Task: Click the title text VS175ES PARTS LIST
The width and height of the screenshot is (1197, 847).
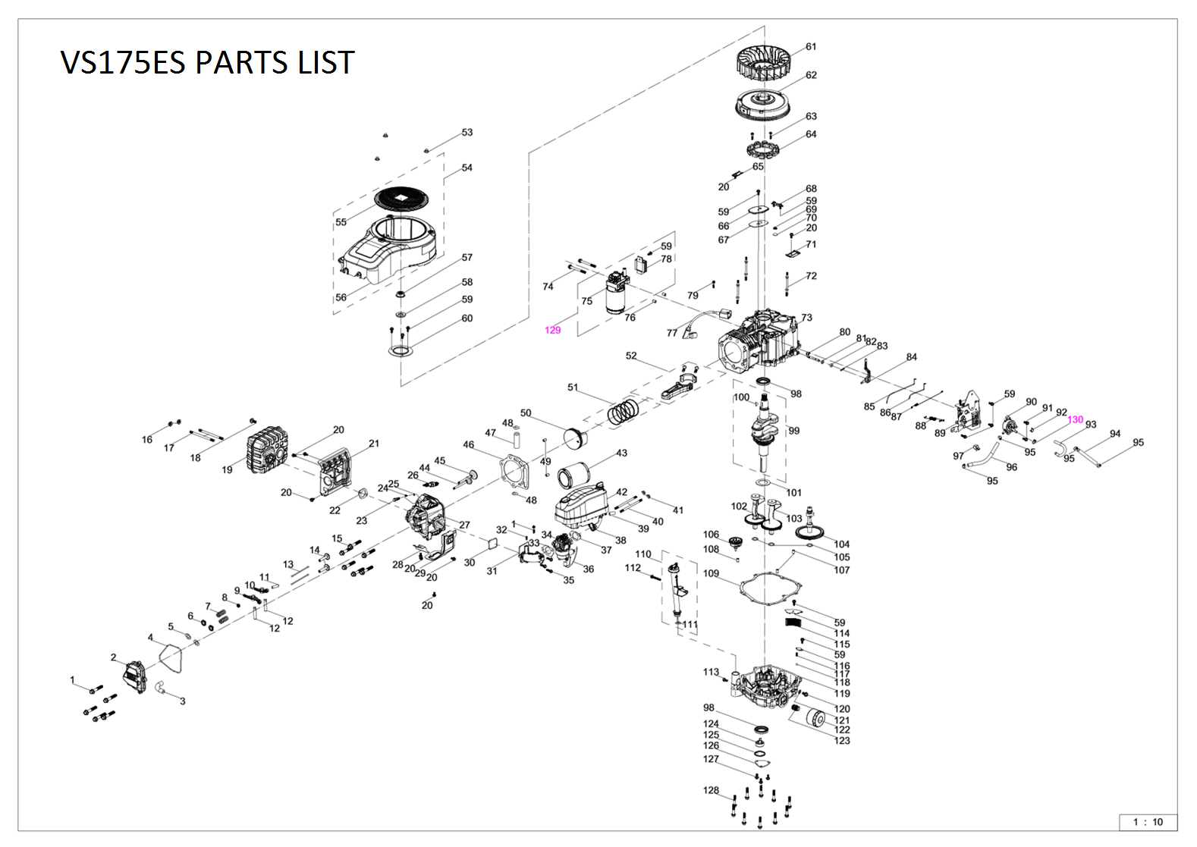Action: (207, 62)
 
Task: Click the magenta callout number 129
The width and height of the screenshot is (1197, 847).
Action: (553, 331)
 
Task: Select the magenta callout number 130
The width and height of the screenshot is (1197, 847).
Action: (1075, 420)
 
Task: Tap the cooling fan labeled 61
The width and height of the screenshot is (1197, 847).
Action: (768, 62)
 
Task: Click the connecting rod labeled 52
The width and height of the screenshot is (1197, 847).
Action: (679, 386)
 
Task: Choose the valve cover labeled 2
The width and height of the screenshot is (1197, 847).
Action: (136, 676)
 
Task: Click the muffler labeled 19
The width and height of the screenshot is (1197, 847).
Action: (266, 454)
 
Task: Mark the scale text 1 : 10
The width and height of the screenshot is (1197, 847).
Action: (1148, 822)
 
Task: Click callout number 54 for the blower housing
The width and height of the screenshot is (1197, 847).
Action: (467, 168)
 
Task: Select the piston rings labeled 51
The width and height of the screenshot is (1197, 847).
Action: (624, 413)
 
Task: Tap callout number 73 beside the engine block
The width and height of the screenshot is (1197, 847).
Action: (806, 318)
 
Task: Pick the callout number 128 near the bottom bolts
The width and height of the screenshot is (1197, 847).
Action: (711, 790)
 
